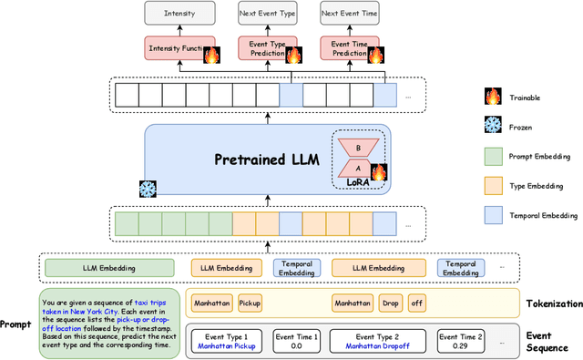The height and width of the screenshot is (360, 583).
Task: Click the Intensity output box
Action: [x=179, y=14]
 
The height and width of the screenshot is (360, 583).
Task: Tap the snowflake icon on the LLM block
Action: [x=147, y=190]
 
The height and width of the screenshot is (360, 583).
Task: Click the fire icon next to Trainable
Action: [x=494, y=94]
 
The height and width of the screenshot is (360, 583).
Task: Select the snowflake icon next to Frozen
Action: [x=494, y=127]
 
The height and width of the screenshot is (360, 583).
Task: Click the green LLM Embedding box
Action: [x=108, y=268]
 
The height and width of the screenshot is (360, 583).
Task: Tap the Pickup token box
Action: [x=250, y=303]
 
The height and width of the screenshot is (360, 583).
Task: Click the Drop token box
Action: [x=390, y=303]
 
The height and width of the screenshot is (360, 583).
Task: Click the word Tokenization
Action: [x=553, y=303]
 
